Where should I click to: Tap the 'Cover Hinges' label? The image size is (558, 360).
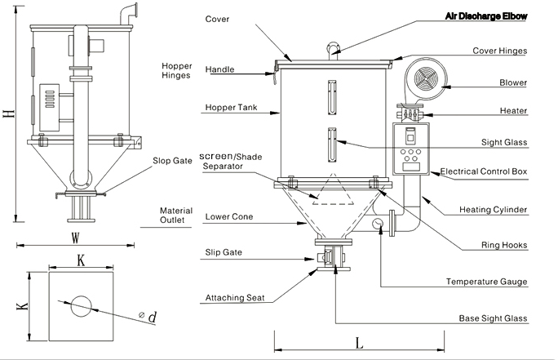pyautogui.click(x=499, y=51)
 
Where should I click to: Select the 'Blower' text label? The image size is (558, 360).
pyautogui.click(x=513, y=82)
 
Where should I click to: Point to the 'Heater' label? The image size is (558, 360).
pyautogui.click(x=515, y=110)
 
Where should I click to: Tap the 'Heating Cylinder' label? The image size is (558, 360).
pyautogui.click(x=494, y=210)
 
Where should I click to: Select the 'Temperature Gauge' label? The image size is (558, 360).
pyautogui.click(x=486, y=282)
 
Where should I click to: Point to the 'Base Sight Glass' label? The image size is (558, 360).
pyautogui.click(x=492, y=318)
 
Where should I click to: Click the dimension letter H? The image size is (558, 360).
pyautogui.click(x=9, y=115)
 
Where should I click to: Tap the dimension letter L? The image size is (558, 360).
pyautogui.click(x=359, y=344)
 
